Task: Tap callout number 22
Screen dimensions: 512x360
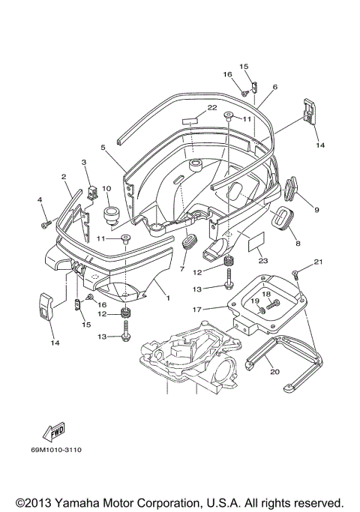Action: click(211, 109)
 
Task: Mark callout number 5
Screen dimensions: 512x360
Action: click(103, 148)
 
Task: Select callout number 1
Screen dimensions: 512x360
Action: click(168, 298)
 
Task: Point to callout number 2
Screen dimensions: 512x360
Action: click(64, 177)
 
